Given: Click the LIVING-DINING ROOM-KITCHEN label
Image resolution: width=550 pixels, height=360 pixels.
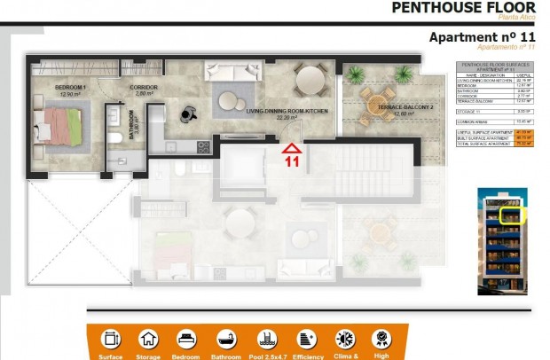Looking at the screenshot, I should tap(287, 113).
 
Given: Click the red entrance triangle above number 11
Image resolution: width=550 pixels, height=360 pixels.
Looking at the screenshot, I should tap(290, 148).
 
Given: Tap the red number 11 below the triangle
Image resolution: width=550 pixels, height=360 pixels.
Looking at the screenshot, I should tap(290, 162).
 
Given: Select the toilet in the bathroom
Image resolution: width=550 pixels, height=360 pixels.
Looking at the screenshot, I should tap(114, 138).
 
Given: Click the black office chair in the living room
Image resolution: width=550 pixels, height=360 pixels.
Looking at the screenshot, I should tap(187, 112).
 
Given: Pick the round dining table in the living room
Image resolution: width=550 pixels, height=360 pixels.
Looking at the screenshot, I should tap(310, 81).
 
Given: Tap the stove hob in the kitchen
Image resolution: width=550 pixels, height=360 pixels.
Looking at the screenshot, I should tap(202, 147).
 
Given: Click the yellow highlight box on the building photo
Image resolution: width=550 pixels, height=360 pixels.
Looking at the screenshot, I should tap(512, 215).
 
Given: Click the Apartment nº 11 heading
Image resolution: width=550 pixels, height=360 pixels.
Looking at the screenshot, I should tap(482, 37).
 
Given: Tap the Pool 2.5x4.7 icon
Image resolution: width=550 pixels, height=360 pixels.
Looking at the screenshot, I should tap(266, 339).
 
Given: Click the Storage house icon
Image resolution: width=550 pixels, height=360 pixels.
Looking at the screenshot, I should tap(148, 339).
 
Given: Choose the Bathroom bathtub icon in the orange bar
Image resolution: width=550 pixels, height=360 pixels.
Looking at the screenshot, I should tap(227, 339).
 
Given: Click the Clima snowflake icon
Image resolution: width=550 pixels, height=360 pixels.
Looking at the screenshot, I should tap(344, 339).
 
